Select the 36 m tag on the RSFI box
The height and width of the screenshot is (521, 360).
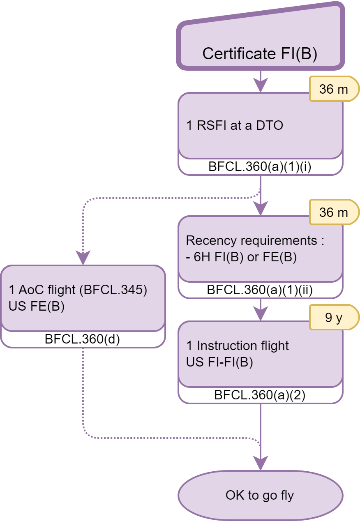[333, 89]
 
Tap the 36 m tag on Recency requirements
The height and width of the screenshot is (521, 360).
[333, 212]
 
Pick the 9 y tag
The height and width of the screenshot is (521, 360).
[333, 318]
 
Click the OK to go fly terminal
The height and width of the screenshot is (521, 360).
[260, 495]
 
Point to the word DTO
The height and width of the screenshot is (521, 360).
[270, 125]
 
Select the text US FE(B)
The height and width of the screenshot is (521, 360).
[37, 307]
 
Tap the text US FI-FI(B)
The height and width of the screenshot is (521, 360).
[219, 362]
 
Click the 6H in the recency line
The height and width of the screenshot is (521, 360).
[201, 258]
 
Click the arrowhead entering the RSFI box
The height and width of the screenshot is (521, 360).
[260, 87]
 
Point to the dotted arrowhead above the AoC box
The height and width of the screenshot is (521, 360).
[83, 259]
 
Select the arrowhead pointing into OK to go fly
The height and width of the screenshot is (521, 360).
[260, 464]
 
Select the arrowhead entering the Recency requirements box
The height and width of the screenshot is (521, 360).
[260, 210]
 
